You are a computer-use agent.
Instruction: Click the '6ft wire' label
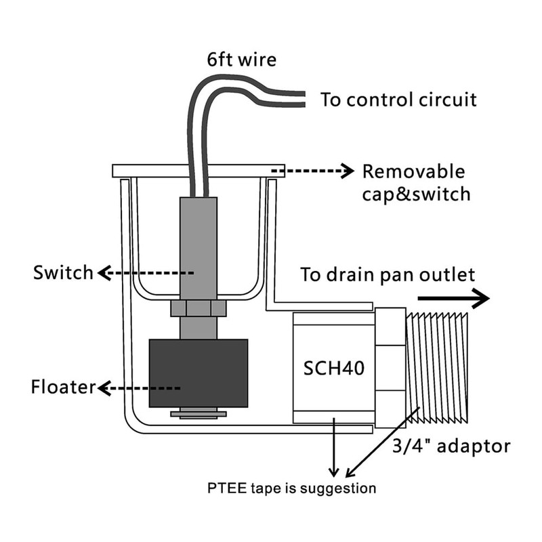[242, 60]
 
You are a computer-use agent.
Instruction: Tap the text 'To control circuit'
[398, 100]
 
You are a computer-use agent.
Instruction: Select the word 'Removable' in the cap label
[414, 171]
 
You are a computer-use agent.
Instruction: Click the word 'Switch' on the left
[63, 273]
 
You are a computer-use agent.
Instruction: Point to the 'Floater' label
[62, 388]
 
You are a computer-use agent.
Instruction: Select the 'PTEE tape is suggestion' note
[291, 488]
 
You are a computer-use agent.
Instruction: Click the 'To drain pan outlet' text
[388, 275]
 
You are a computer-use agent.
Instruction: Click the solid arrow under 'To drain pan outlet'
[452, 297]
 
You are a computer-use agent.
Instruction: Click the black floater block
[199, 373]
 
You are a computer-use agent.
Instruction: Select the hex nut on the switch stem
[198, 308]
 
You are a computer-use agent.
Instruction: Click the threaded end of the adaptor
[438, 368]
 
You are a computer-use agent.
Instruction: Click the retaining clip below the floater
[198, 412]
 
